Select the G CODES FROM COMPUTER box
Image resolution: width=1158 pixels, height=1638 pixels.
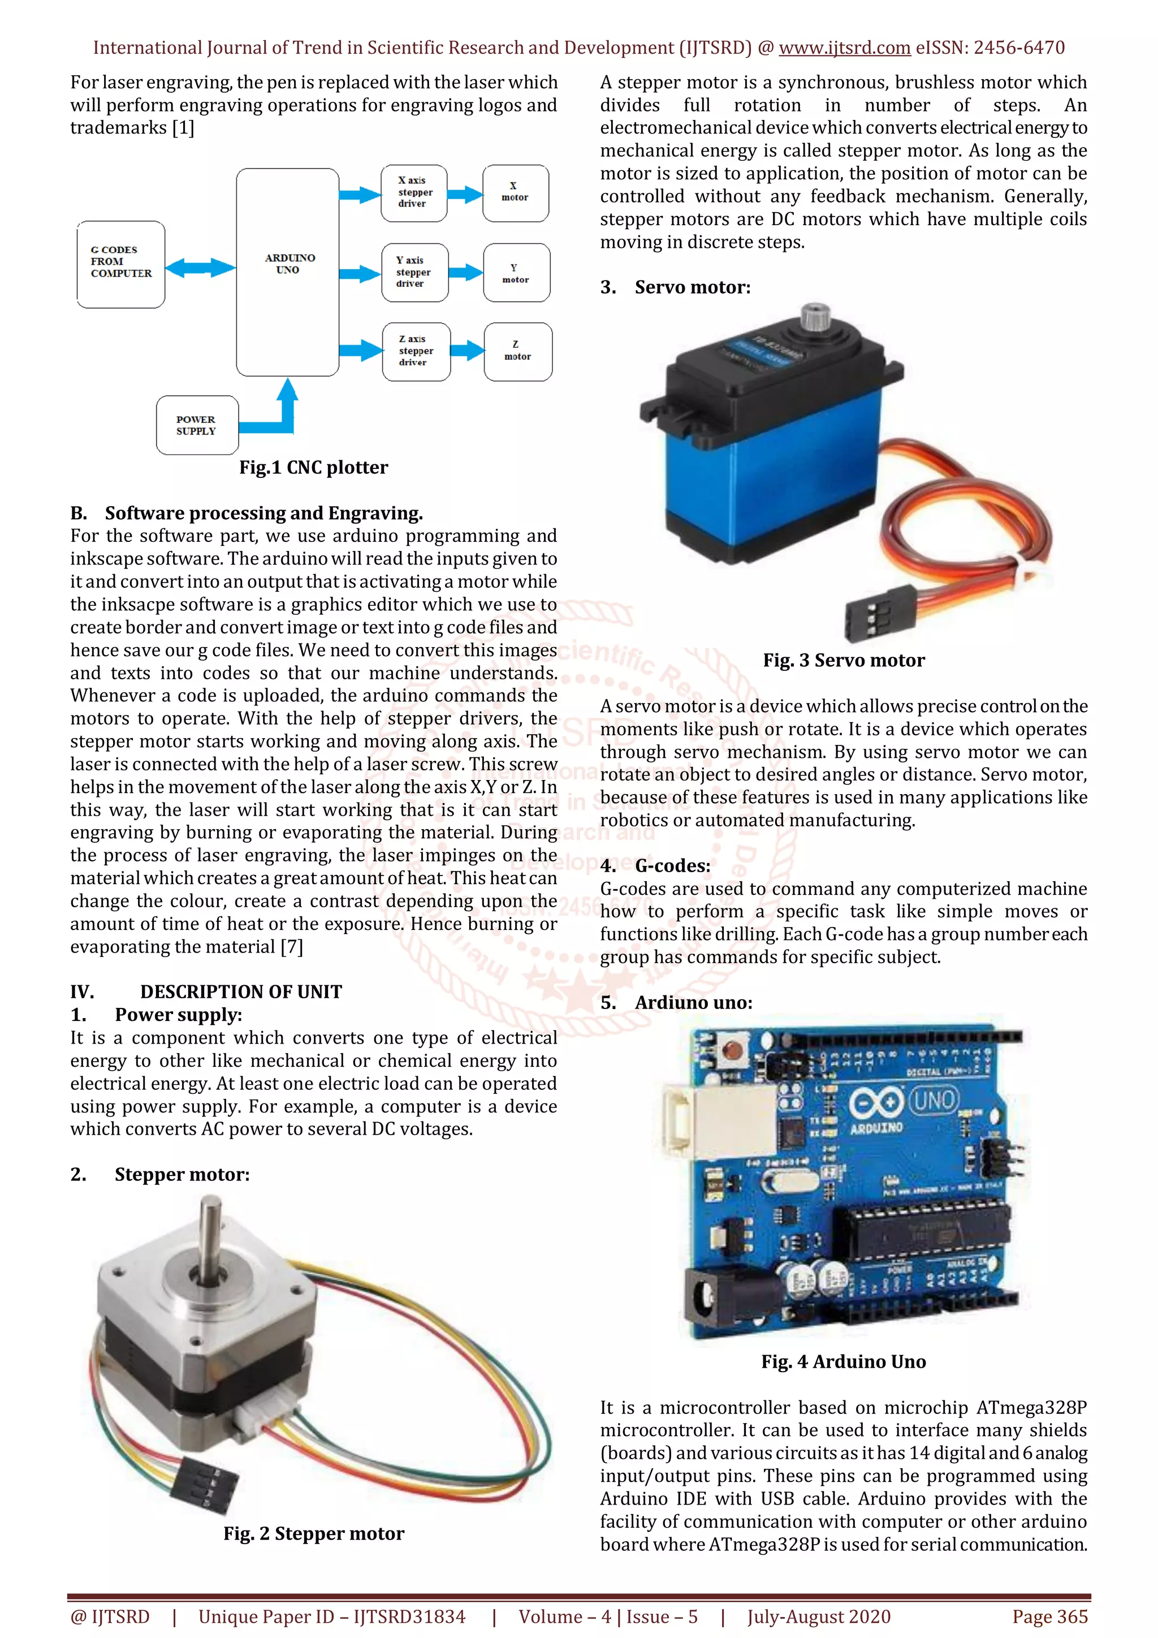click(x=120, y=264)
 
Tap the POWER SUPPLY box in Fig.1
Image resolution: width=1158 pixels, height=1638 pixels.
click(x=197, y=425)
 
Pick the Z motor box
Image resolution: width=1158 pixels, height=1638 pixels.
click(x=518, y=351)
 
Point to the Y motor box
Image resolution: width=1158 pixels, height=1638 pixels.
click(x=516, y=273)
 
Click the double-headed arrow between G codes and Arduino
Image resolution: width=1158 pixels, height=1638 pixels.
click(x=200, y=268)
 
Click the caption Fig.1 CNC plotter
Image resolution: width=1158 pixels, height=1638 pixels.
click(x=313, y=467)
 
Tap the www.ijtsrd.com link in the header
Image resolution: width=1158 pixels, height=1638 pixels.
click(x=844, y=48)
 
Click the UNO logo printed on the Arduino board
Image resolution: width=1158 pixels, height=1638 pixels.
click(x=934, y=1100)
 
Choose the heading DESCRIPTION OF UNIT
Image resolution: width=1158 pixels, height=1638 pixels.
click(x=240, y=992)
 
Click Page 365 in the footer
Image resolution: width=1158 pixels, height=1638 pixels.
click(x=1049, y=1617)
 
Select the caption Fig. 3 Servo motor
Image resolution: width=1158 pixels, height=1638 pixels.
click(x=844, y=660)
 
